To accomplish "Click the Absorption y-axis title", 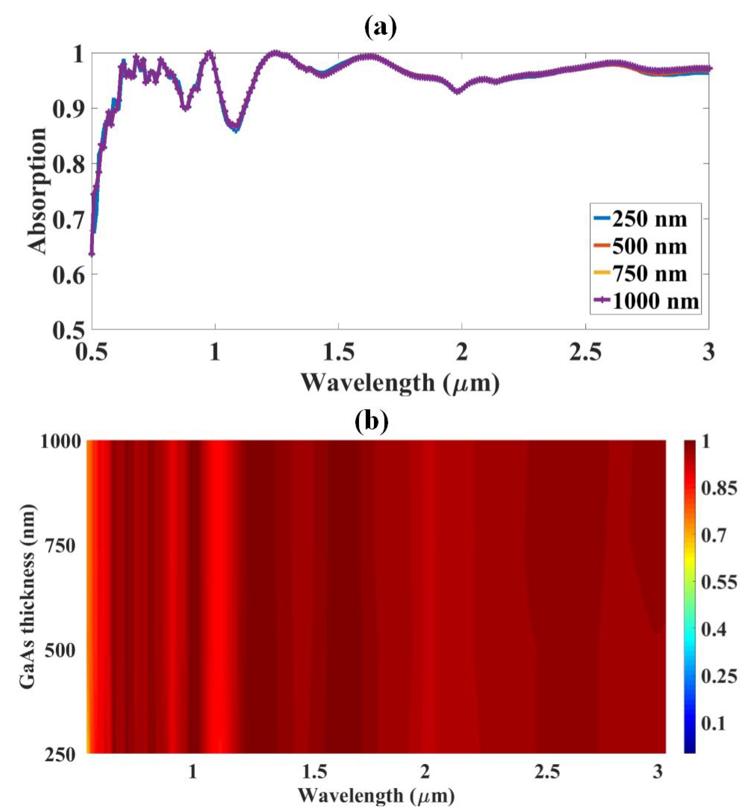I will click(x=37, y=191).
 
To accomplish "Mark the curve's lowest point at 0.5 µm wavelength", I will click(x=92, y=254).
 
